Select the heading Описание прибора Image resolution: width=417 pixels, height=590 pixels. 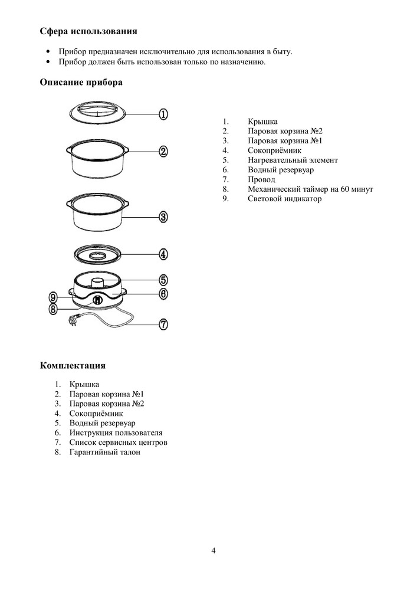coord(81,83)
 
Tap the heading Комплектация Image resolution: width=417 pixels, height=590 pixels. coord(73,366)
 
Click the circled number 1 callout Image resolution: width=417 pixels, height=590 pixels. coord(164,114)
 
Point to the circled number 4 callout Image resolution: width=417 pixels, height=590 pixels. coord(164,255)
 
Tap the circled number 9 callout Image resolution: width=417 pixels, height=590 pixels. coord(53,297)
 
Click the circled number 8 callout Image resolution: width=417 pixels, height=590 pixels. coord(53,308)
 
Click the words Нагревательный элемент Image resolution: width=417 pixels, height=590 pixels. coord(293,160)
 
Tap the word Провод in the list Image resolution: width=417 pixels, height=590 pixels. coord(262,179)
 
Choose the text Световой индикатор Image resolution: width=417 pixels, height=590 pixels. coord(285,199)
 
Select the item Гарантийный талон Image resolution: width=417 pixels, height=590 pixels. coord(105,452)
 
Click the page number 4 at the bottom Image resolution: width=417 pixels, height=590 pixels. coord(214,551)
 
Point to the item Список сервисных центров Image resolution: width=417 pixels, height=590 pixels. coord(119,442)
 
